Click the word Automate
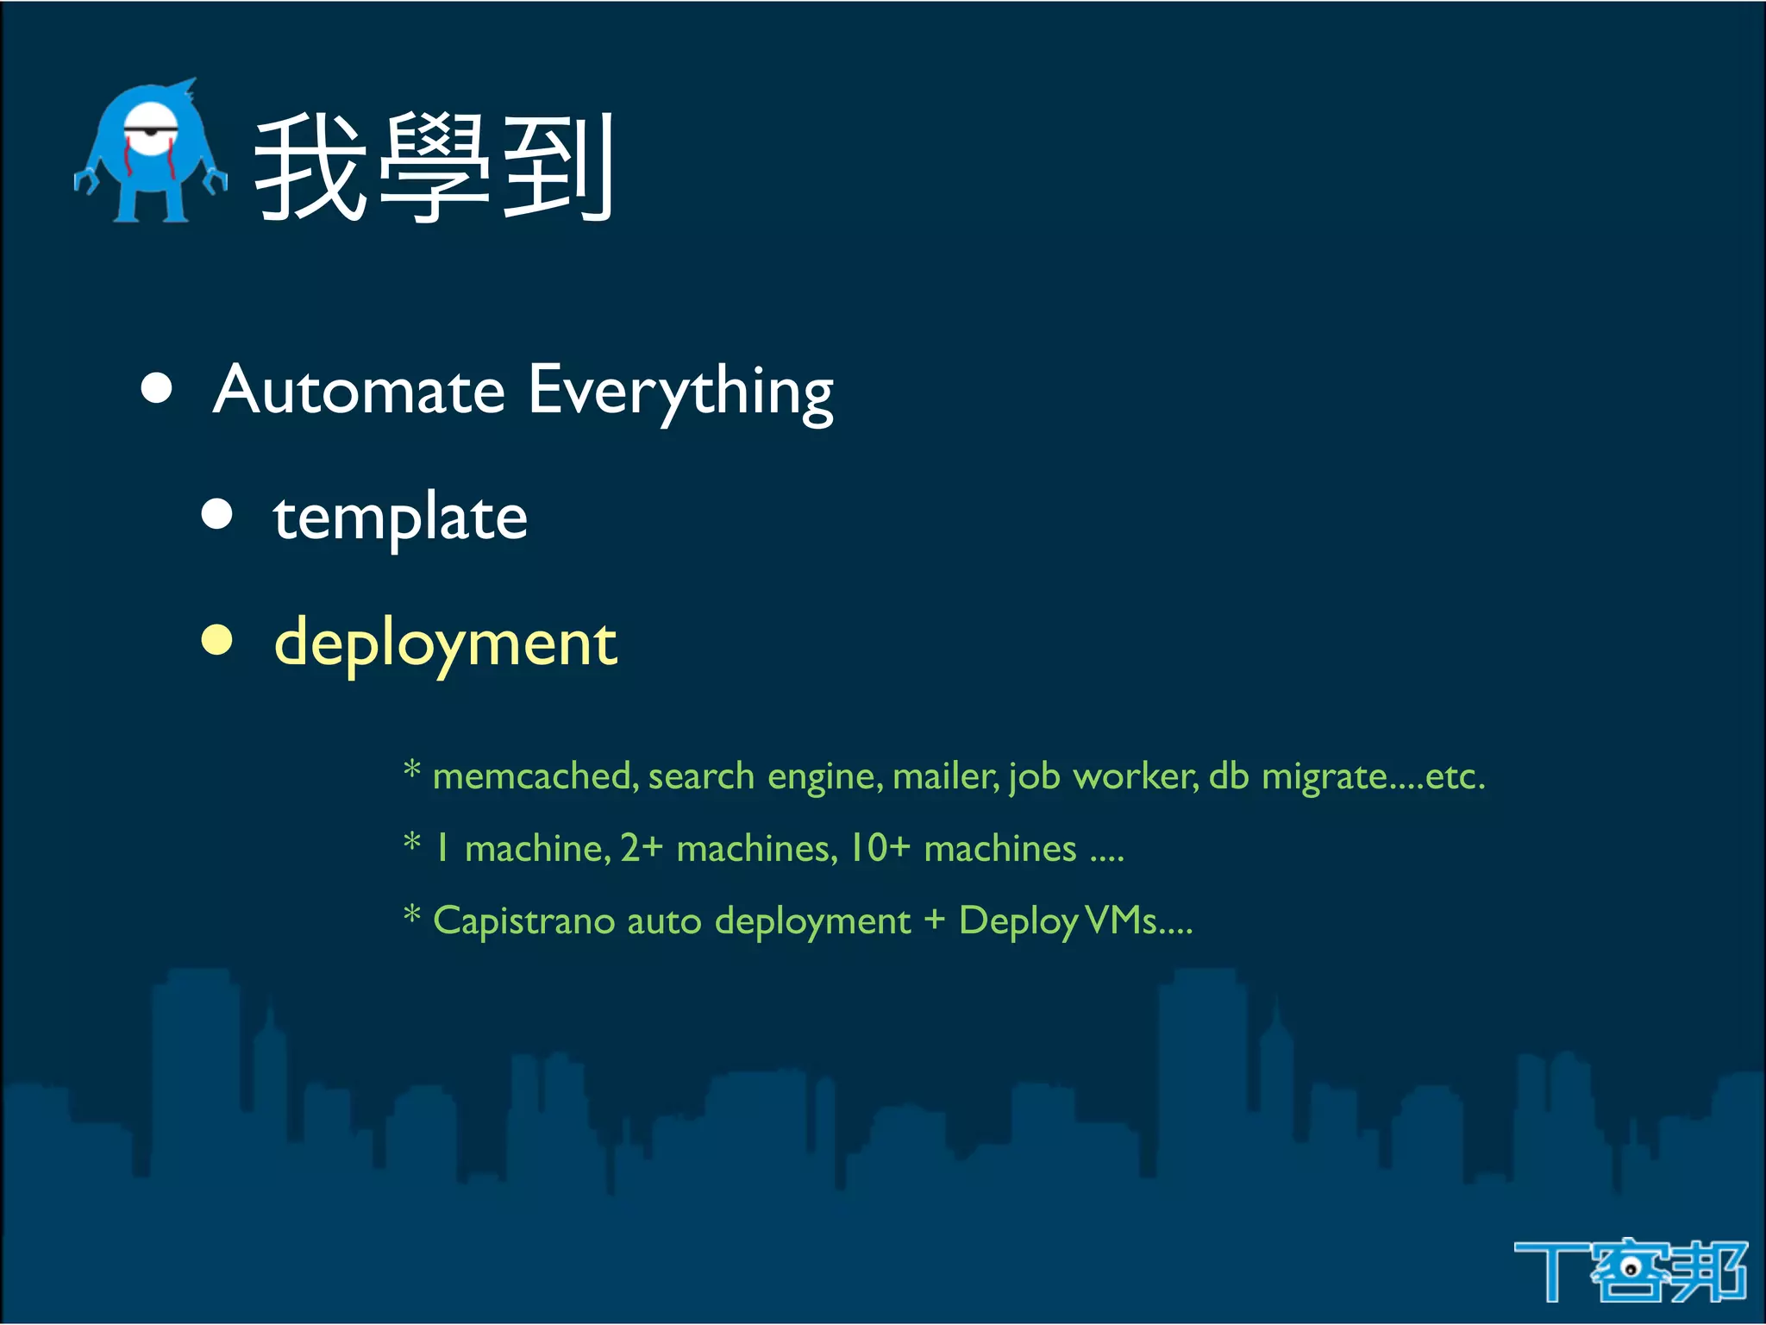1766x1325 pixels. pyautogui.click(x=359, y=391)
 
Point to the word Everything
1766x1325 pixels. pyautogui.click(x=680, y=392)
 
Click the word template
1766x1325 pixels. pyautogui.click(x=400, y=518)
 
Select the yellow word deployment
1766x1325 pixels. pyautogui.click(x=445, y=644)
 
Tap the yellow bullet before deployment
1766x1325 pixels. pyautogui.click(x=217, y=640)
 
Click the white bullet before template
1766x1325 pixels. pyautogui.click(x=217, y=514)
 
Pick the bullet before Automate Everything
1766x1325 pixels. pyautogui.click(x=156, y=388)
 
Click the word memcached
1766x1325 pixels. pyautogui.click(x=535, y=776)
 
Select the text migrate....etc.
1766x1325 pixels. pyautogui.click(x=1373, y=776)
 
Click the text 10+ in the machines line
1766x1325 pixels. pyautogui.click(x=880, y=848)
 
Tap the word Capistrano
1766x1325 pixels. pyautogui.click(x=523, y=921)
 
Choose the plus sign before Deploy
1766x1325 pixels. pyautogui.click(x=935, y=920)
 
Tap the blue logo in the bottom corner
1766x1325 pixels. pyautogui.click(x=1630, y=1270)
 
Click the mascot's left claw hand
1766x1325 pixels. pyautogui.click(x=85, y=181)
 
